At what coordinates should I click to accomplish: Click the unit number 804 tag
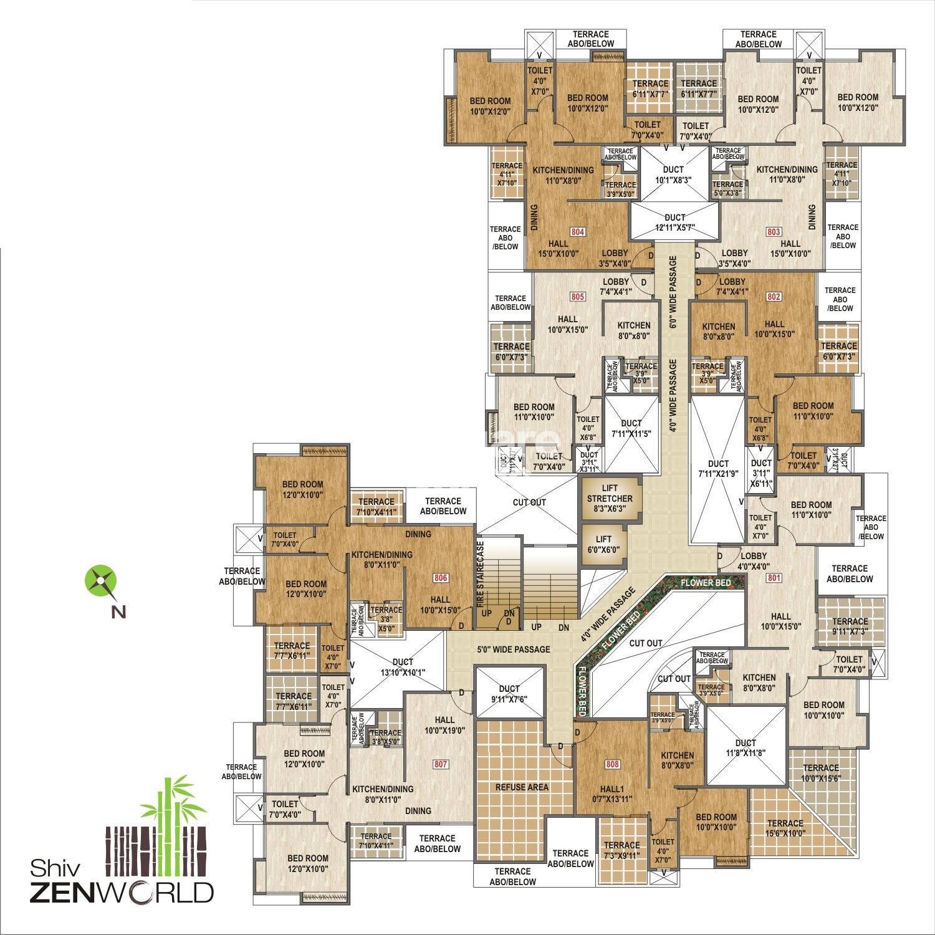(x=578, y=232)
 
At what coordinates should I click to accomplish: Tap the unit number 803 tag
(x=773, y=232)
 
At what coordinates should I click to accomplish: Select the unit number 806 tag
(x=440, y=578)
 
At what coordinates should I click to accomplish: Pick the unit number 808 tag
(x=613, y=764)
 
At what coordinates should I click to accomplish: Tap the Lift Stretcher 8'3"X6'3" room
(x=609, y=499)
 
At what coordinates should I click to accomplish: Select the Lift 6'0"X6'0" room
(x=603, y=544)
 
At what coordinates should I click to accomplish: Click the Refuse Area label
(x=522, y=787)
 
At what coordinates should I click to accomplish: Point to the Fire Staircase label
(x=481, y=574)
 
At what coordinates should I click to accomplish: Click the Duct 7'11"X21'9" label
(x=718, y=469)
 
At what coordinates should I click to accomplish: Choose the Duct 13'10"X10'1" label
(x=403, y=667)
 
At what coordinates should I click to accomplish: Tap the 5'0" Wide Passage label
(x=514, y=650)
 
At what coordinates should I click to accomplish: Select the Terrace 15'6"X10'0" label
(x=785, y=828)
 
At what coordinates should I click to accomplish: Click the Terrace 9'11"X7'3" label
(x=850, y=626)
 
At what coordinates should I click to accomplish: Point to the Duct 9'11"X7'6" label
(x=509, y=694)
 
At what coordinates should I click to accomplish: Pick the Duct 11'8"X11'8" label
(x=745, y=747)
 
